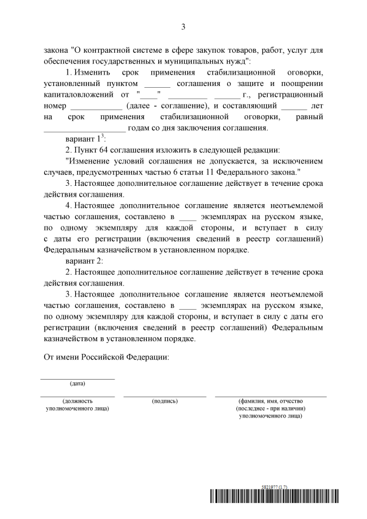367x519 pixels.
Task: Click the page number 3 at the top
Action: pyautogui.click(x=183, y=26)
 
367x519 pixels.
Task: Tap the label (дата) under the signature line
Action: pyautogui.click(x=77, y=383)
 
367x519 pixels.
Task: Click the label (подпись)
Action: pyautogui.click(x=165, y=401)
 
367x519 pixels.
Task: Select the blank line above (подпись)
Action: pyautogui.click(x=165, y=396)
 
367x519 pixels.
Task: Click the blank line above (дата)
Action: pyautogui.click(x=77, y=378)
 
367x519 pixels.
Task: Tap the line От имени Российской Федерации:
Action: pyautogui.click(x=107, y=357)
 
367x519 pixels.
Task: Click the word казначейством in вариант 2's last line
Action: pyautogui.click(x=70, y=338)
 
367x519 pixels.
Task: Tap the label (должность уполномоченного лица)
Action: pyautogui.click(x=77, y=405)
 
